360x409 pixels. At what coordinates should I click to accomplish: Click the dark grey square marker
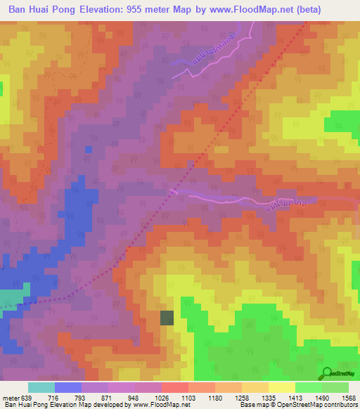point(167,318)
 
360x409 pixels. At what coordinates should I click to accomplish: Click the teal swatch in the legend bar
point(41,387)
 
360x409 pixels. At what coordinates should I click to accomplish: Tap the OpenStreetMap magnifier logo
point(328,372)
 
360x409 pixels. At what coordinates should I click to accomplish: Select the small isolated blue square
point(88,149)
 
